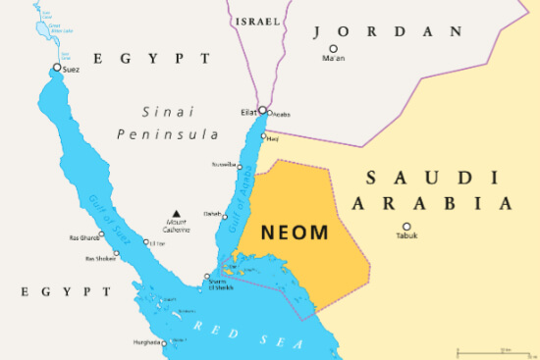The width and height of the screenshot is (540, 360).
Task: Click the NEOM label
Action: click(295, 234)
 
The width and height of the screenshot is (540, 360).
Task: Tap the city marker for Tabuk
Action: click(406, 227)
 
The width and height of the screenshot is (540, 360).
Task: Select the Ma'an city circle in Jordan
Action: click(334, 48)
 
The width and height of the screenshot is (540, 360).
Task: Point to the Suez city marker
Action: click(57, 68)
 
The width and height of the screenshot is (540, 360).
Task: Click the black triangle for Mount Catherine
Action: click(177, 213)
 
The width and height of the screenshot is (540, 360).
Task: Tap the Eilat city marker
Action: click(262, 111)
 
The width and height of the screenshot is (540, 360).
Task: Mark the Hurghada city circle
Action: click(163, 342)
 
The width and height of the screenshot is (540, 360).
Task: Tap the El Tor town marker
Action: click(146, 242)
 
